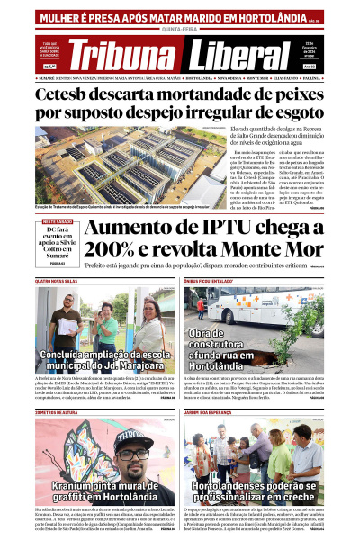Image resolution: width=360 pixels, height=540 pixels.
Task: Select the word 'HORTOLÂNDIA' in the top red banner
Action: click(x=261, y=16)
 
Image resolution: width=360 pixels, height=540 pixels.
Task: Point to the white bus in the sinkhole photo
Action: click(x=270, y=306)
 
